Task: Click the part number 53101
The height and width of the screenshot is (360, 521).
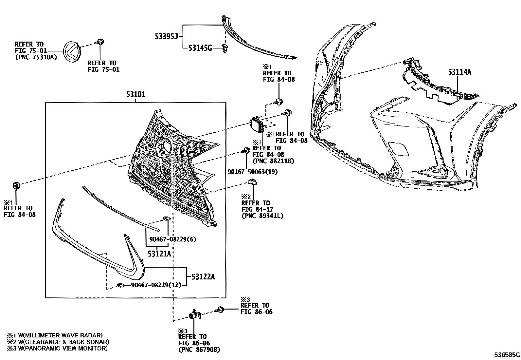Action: (x=135, y=95)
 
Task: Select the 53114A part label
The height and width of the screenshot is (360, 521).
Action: (x=459, y=72)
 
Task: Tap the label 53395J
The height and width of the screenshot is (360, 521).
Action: (x=166, y=37)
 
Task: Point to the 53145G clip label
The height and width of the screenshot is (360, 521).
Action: (x=200, y=48)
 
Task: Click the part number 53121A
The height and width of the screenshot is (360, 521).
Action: (x=159, y=254)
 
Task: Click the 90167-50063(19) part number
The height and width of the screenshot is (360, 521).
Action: (x=253, y=172)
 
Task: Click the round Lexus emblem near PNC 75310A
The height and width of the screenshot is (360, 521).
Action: (x=73, y=52)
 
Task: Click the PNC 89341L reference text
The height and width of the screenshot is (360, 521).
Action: (x=262, y=216)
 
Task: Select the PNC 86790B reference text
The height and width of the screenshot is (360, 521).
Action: (x=199, y=350)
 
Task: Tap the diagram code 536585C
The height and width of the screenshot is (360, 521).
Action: (x=507, y=354)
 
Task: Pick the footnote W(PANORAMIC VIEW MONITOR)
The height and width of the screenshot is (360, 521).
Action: (x=62, y=348)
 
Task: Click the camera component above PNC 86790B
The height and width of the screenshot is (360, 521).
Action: (x=195, y=315)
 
